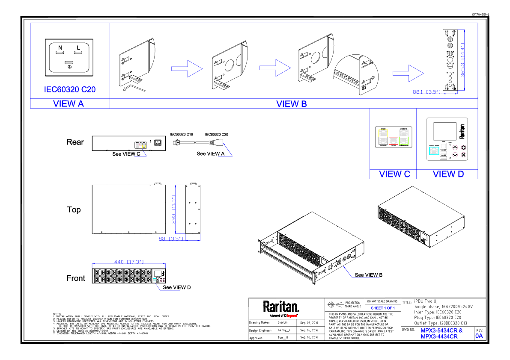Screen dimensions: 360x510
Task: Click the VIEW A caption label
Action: point(69,103)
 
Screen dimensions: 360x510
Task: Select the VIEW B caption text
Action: point(291,103)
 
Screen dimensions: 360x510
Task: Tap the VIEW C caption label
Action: point(394,174)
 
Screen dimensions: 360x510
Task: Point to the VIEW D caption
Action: point(448,174)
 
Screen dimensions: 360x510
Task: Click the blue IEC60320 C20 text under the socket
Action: point(70,89)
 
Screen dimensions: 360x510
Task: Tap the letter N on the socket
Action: point(60,47)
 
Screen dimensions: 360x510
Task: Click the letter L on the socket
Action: point(78,47)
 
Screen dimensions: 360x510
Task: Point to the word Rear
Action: point(75,142)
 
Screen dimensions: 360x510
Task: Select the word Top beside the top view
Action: point(74,210)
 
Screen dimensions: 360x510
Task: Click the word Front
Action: point(76,278)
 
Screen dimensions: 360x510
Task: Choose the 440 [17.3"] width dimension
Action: point(128,261)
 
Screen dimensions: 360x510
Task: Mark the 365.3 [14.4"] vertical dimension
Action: point(462,60)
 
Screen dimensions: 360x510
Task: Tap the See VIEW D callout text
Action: point(177,287)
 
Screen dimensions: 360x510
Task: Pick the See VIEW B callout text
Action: point(369,275)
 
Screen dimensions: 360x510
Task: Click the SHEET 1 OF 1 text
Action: point(382,308)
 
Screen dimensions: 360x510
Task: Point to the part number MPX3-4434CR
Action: point(439,336)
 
